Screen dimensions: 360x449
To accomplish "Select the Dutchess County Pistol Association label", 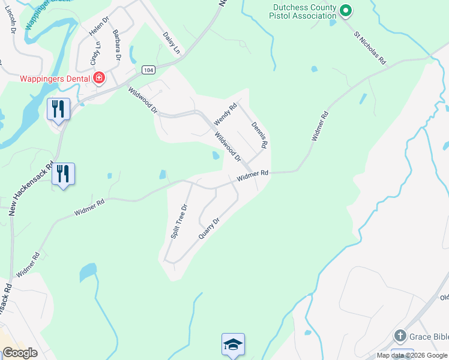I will [x=304, y=11].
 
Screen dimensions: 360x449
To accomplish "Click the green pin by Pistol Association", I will [x=345, y=10].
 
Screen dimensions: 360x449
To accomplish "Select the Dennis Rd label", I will [x=259, y=136].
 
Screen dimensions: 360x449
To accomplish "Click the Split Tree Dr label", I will [x=179, y=221].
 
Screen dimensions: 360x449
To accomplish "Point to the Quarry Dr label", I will [x=209, y=228].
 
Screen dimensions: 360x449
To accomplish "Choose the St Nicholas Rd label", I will [x=369, y=49].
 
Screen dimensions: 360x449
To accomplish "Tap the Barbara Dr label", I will [x=116, y=46].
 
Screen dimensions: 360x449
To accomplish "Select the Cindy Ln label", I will [x=94, y=53].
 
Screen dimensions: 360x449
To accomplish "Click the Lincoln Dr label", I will [x=11, y=20].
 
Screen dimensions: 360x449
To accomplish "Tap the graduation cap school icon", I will [x=233, y=344].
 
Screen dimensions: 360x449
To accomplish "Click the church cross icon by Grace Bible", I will [x=400, y=335].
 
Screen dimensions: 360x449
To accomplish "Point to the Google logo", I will [x=20, y=353].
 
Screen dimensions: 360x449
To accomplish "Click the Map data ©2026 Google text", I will [x=412, y=355].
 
